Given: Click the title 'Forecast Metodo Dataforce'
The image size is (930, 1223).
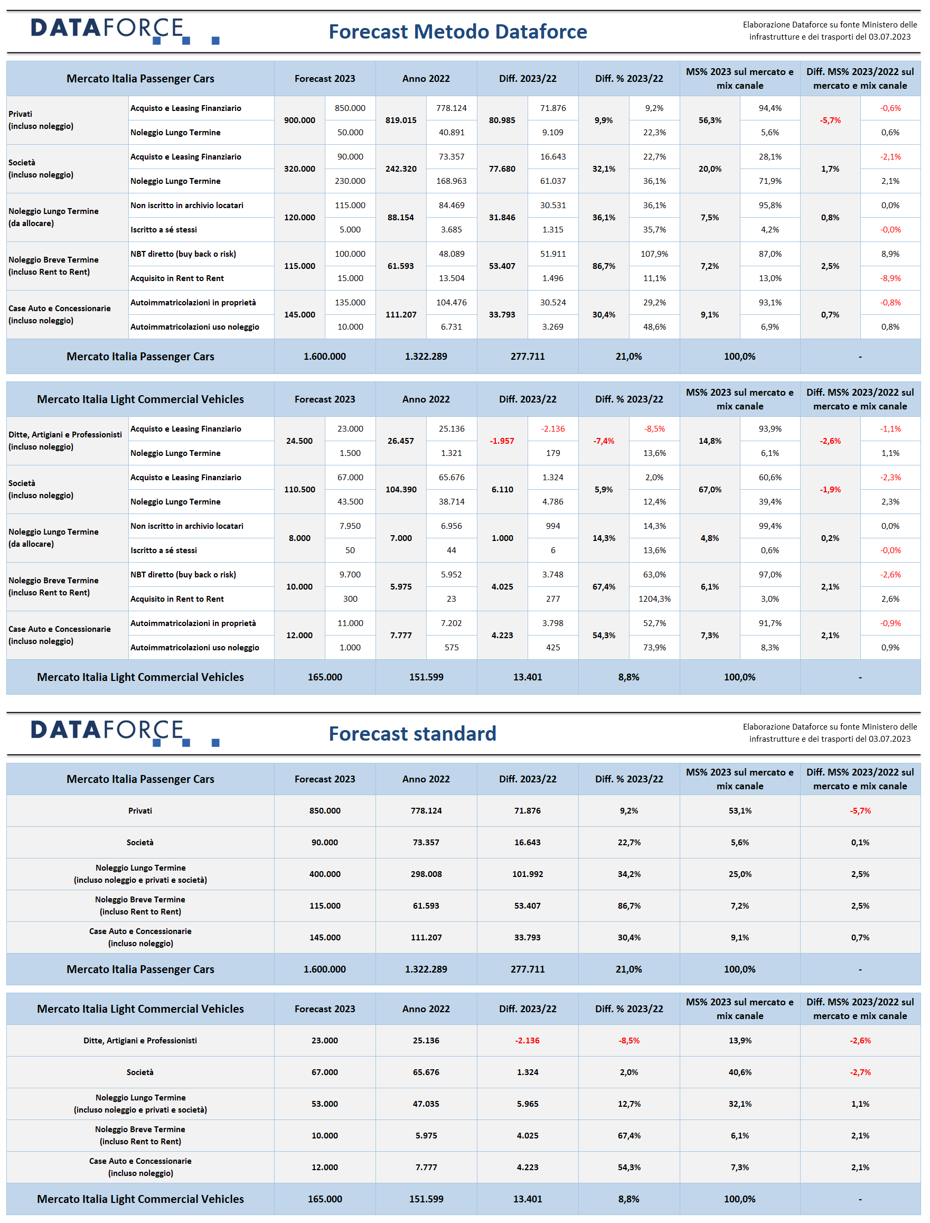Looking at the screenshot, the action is [x=458, y=32].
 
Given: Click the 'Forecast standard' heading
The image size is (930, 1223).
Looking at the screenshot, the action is [x=412, y=734].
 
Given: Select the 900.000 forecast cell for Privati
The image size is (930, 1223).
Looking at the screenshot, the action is [x=299, y=120].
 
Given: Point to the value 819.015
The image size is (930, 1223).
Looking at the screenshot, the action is [x=401, y=120].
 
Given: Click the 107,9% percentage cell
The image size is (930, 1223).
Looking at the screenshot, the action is [x=654, y=254].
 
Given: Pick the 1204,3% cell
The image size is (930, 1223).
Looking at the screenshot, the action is [x=654, y=599].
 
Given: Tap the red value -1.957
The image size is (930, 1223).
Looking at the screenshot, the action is [x=502, y=441].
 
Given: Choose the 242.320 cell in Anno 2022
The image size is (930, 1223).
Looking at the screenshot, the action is [x=401, y=169].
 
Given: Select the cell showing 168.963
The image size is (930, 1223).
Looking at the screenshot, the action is [x=452, y=181].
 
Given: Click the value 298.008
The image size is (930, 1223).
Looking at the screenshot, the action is [x=426, y=874].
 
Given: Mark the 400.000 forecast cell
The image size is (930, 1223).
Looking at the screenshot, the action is [x=325, y=874].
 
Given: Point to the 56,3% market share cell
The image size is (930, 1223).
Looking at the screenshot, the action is [x=710, y=120].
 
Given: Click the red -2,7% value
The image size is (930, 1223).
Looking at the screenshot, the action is [x=860, y=1072].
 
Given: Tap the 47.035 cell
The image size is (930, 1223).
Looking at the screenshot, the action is [x=426, y=1104].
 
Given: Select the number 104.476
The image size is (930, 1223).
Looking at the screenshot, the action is [x=452, y=303].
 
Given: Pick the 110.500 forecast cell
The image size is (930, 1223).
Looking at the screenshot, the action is [x=299, y=489].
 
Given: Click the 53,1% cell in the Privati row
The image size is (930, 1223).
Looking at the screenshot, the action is [x=740, y=811].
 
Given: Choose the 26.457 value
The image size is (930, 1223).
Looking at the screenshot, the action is [x=401, y=441].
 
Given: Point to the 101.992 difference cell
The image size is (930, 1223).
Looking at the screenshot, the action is [x=528, y=874].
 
